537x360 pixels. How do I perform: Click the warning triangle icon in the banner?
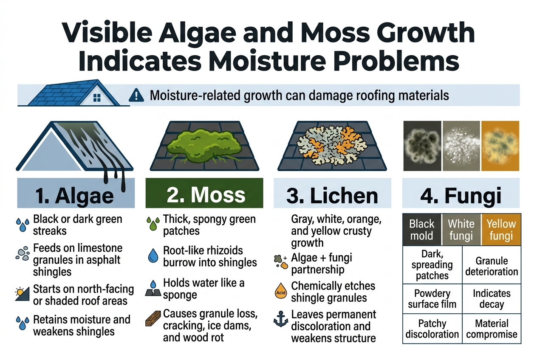pyautogui.click(x=136, y=95)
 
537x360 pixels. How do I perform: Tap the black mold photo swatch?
pyautogui.click(x=421, y=146)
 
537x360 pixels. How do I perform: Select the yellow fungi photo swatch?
pyautogui.click(x=500, y=146)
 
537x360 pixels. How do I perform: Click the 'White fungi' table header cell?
pyautogui.click(x=461, y=230)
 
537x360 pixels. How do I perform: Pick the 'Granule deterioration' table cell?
pyautogui.click(x=491, y=266)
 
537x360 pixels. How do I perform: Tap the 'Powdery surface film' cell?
pyautogui.click(x=432, y=298)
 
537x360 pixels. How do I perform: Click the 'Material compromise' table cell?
pyautogui.click(x=491, y=329)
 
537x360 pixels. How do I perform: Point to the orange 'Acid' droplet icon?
pyautogui.click(x=280, y=292)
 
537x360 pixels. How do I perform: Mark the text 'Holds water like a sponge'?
pyautogui.click(x=204, y=289)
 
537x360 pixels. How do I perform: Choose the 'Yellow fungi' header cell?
pyautogui.click(x=501, y=230)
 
